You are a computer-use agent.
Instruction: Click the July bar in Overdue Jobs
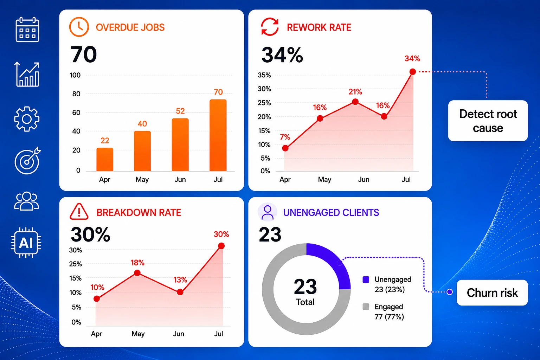click(x=218, y=135)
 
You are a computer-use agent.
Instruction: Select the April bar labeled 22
click(x=105, y=159)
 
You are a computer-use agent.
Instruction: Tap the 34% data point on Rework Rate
click(x=413, y=72)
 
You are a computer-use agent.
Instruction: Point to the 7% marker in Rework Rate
click(x=285, y=148)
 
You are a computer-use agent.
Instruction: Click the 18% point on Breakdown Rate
click(x=137, y=273)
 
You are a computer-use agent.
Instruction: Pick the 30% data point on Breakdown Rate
click(x=221, y=246)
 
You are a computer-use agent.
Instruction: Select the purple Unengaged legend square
click(x=366, y=279)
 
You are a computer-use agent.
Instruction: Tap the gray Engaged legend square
click(x=366, y=307)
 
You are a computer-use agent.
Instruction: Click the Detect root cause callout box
click(x=488, y=121)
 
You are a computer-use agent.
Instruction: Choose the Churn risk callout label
click(x=492, y=293)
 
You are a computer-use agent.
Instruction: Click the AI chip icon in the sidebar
click(x=26, y=243)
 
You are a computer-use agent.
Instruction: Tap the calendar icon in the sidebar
click(x=27, y=30)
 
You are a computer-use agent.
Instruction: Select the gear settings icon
click(x=27, y=119)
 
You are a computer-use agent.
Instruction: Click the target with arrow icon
click(x=27, y=160)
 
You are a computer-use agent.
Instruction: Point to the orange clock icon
click(x=79, y=27)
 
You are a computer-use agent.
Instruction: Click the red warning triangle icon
click(x=79, y=212)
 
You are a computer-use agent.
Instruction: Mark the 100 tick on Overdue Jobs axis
click(x=75, y=75)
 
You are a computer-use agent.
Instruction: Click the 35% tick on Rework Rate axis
click(x=264, y=75)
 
